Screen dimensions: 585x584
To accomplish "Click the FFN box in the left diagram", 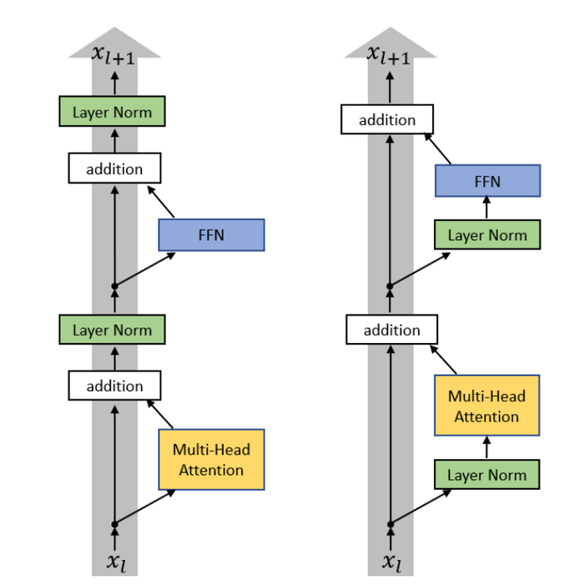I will (x=211, y=235).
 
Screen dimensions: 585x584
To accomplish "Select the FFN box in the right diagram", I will (x=487, y=181).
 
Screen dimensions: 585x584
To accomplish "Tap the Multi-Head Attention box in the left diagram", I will (x=211, y=460).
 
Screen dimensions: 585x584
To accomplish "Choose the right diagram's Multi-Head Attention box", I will (x=487, y=406).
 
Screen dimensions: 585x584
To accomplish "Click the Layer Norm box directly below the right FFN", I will (x=487, y=235).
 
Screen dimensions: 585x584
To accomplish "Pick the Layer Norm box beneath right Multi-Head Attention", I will (x=487, y=475).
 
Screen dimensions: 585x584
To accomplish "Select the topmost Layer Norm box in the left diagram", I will (x=112, y=112).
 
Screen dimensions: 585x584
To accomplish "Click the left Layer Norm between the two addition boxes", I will (x=112, y=330).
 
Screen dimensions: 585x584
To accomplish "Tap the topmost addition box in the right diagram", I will (x=387, y=119).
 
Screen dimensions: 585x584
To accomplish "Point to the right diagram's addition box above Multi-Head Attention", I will (x=391, y=330).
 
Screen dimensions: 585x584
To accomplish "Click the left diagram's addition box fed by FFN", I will (x=114, y=169).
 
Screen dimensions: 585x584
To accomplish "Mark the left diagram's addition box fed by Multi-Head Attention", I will (x=114, y=386).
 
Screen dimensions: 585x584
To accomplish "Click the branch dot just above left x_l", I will (x=115, y=524).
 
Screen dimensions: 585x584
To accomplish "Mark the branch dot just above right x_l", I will (x=390, y=524).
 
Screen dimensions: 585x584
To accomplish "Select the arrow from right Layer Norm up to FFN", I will (x=487, y=209).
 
